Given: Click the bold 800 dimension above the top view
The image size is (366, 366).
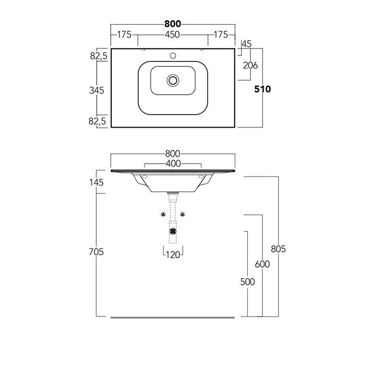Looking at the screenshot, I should (x=173, y=24).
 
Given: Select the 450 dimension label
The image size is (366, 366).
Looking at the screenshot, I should (x=173, y=35).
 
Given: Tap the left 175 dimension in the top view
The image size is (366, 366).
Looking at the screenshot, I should (x=124, y=35).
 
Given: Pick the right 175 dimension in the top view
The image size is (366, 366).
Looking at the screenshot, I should (x=221, y=35).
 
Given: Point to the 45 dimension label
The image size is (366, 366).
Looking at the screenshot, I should (x=247, y=44).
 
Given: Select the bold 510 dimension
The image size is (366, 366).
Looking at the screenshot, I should (x=262, y=89).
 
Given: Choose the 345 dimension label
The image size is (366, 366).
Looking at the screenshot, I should (x=97, y=90).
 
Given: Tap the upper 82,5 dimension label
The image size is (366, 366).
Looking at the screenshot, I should (x=98, y=55).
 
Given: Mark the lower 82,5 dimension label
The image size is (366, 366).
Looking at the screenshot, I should (x=98, y=121).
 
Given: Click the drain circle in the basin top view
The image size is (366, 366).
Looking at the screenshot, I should (x=173, y=80).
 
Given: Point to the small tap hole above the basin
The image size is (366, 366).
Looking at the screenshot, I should (x=173, y=55).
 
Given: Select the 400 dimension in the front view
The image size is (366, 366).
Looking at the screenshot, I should (x=173, y=164).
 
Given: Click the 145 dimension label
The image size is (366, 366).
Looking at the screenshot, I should (x=97, y=182).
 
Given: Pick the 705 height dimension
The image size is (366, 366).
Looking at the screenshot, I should (x=97, y=251).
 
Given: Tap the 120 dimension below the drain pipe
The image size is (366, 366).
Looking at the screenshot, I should (x=173, y=255).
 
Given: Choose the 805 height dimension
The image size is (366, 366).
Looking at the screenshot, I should (x=279, y=249).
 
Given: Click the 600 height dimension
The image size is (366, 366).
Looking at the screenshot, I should (x=262, y=264).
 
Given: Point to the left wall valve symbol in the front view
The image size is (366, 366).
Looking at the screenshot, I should (x=163, y=214).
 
